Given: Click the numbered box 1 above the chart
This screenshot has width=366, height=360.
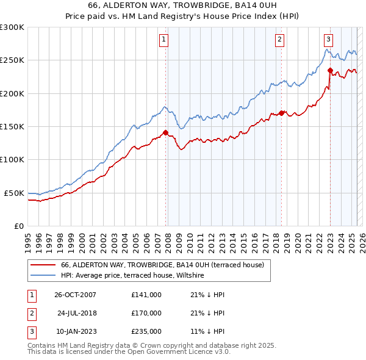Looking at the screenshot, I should point(165,40).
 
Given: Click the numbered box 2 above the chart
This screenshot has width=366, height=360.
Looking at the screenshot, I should point(279,40).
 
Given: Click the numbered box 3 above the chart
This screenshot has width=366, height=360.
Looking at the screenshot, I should point(328,40).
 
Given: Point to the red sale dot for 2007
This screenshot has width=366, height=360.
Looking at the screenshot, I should point(165,132).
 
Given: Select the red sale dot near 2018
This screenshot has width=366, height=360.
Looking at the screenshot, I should point(281,113).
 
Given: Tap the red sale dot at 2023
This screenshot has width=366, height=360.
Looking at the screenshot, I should point(329,70).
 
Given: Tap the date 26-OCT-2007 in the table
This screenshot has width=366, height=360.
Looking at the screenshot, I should point(75,295).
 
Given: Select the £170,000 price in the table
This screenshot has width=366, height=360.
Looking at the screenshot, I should point(146,313).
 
